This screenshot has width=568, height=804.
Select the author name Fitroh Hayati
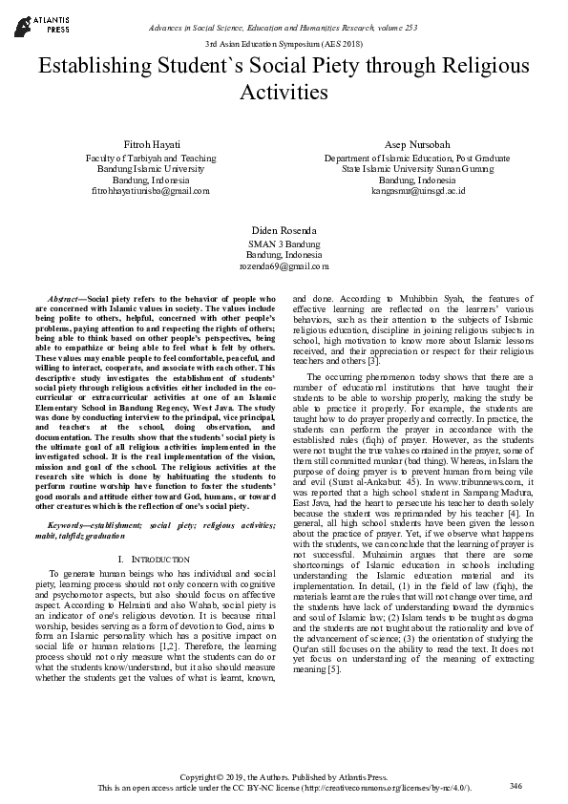click(151, 143)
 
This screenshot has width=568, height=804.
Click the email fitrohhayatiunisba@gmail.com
click(151, 191)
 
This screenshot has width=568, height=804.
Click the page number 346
click(516, 785)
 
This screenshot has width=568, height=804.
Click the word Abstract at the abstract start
click(66, 300)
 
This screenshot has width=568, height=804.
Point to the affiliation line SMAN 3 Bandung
click(284, 244)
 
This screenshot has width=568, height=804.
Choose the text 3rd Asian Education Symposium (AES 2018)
click(284, 45)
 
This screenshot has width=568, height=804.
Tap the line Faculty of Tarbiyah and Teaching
click(151, 158)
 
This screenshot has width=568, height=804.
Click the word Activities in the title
click(284, 93)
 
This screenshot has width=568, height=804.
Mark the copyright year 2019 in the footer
click(244, 776)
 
